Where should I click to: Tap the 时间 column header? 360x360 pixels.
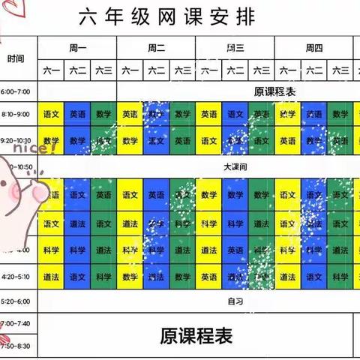coord(16,58)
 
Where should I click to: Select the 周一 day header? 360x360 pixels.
coord(77,48)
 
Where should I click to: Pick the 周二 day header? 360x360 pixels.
coord(156,48)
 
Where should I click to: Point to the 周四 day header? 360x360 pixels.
coord(313,48)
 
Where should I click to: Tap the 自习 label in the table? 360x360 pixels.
coord(234,301)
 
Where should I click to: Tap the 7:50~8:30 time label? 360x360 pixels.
coord(16,346)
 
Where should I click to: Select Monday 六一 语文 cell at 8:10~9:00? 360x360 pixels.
coord(52,115)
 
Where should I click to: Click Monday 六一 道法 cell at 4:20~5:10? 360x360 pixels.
coord(52,277)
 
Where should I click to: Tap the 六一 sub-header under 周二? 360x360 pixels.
coord(130,70)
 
